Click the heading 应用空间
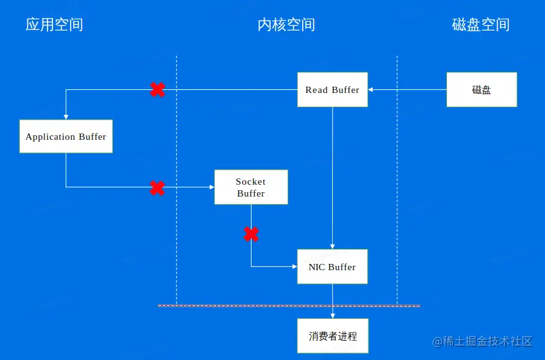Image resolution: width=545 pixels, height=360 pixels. (54, 25)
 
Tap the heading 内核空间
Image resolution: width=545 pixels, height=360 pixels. (286, 25)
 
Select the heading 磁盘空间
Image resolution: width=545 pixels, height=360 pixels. (481, 25)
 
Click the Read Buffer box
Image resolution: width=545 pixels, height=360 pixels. (332, 90)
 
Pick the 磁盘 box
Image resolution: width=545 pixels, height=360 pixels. (481, 90)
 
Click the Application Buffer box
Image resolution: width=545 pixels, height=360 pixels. (66, 137)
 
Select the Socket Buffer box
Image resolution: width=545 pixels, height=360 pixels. (251, 187)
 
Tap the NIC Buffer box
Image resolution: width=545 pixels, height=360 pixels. (332, 267)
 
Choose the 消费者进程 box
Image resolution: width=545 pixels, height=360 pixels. (332, 336)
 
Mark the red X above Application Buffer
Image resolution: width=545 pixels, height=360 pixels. (157, 90)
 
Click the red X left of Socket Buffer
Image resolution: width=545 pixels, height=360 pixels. (157, 188)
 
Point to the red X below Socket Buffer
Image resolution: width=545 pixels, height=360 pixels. (251, 235)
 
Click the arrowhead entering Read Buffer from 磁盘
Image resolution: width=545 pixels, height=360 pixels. (371, 90)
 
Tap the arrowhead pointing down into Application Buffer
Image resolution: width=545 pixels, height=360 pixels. (66, 117)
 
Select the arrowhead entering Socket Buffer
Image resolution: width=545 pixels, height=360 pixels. (211, 187)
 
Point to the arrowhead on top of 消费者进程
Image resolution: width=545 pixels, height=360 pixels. (332, 316)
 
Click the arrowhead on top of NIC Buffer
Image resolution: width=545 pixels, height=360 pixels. (332, 246)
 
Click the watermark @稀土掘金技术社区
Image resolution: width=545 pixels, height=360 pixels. (483, 341)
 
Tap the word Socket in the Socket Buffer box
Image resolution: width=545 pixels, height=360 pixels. (250, 182)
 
